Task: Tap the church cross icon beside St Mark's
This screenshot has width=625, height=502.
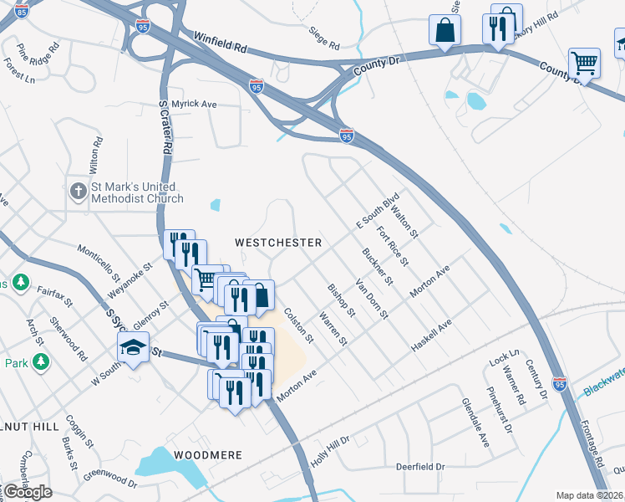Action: click(79, 192)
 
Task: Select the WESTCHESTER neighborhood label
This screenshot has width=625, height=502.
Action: click(278, 242)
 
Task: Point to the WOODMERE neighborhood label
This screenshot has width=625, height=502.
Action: click(208, 455)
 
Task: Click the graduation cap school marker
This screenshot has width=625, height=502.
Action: click(133, 347)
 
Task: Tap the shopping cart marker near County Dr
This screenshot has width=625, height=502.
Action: click(584, 63)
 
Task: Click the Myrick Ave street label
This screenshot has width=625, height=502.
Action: click(194, 104)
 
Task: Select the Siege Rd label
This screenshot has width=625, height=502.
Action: click(324, 38)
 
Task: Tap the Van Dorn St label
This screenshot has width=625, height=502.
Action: click(373, 299)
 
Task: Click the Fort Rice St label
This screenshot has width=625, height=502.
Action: click(393, 247)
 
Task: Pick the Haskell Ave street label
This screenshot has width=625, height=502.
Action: click(431, 335)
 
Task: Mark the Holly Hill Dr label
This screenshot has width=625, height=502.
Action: click(329, 449)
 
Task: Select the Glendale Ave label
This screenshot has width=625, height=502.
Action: click(475, 422)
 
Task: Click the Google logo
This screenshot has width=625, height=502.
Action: click(28, 492)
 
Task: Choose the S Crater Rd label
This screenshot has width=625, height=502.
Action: click(165, 126)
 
